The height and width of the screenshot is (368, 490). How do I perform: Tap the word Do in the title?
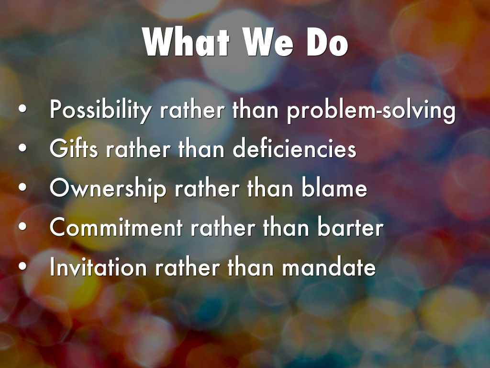click(327, 42)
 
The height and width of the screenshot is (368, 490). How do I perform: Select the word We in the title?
click(268, 42)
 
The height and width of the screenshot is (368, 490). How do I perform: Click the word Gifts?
click(74, 148)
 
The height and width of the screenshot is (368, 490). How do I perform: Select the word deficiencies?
click(294, 148)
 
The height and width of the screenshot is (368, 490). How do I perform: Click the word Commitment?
click(116, 227)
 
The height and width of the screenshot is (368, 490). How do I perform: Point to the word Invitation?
click(98, 267)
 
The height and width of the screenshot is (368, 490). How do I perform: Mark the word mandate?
click(329, 267)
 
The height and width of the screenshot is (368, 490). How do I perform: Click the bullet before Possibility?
click(22, 109)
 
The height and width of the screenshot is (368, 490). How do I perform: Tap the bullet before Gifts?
click(22, 149)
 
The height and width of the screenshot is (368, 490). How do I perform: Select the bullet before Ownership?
click(22, 188)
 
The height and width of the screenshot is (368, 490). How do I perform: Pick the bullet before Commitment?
click(22, 227)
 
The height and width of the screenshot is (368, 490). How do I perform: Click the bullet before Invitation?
click(22, 266)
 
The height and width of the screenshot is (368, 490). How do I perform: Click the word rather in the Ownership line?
click(207, 188)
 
